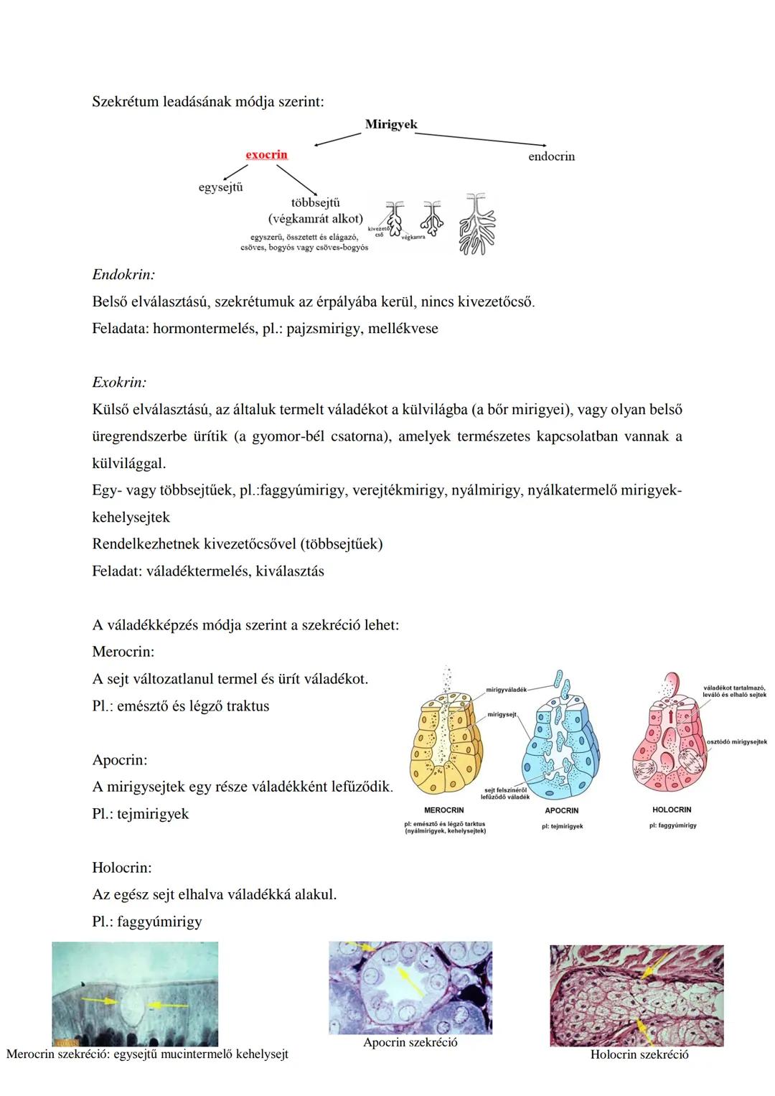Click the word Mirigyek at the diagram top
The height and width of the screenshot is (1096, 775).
(x=390, y=124)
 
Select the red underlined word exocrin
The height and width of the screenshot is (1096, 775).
(x=266, y=154)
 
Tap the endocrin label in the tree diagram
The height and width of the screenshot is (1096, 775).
(x=551, y=156)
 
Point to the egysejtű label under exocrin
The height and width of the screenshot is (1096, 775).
(x=220, y=187)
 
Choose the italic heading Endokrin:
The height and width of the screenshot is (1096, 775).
(x=123, y=275)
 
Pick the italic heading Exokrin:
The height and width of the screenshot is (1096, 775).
(x=119, y=383)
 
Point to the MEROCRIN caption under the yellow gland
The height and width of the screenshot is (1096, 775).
(x=443, y=810)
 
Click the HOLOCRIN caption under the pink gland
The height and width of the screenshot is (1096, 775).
(x=672, y=810)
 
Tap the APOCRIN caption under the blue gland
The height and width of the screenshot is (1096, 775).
(x=561, y=810)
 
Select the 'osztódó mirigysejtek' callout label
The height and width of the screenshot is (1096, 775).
(x=736, y=742)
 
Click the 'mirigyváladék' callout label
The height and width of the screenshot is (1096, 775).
(x=506, y=690)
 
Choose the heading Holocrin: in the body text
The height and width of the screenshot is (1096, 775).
(x=122, y=868)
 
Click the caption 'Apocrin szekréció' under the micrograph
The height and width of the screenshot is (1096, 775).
(x=410, y=1042)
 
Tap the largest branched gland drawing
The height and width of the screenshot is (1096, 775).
(x=476, y=224)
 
